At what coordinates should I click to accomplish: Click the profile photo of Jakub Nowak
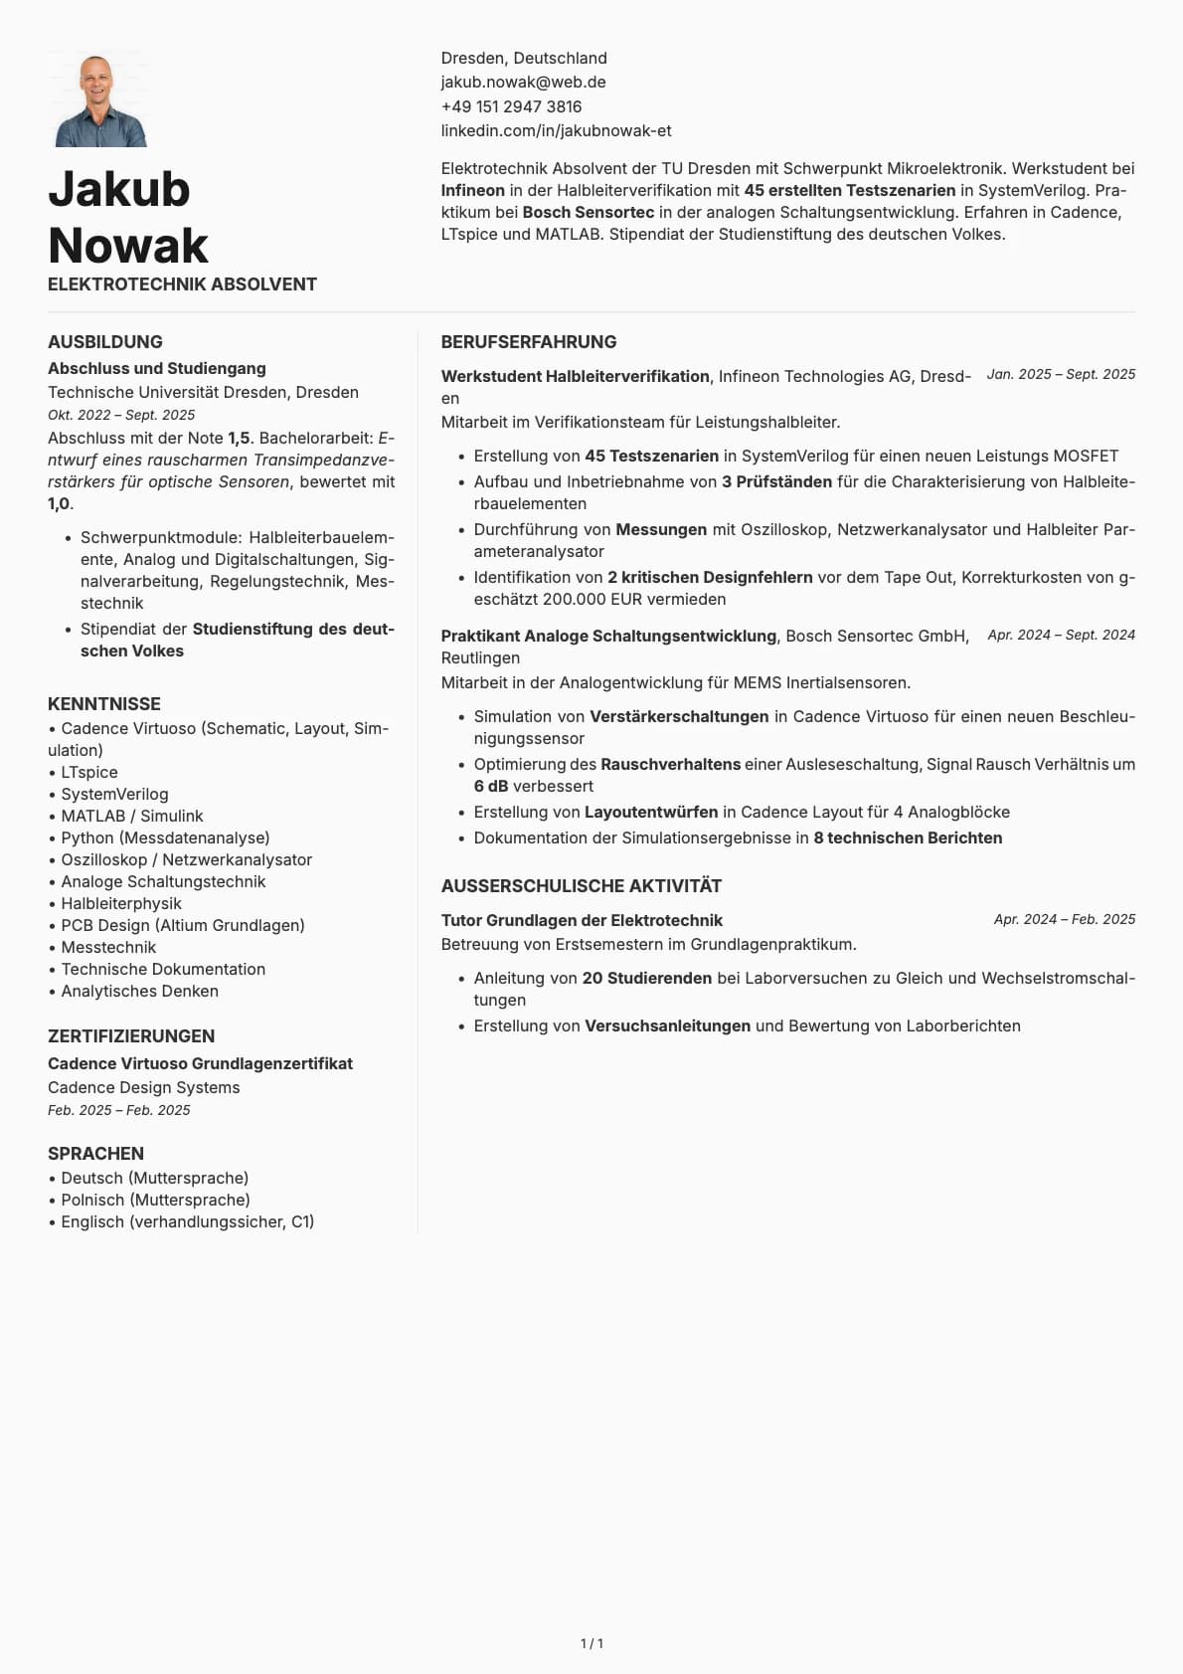[99, 100]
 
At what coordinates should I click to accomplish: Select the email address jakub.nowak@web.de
[523, 83]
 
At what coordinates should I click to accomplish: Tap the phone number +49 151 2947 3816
[511, 106]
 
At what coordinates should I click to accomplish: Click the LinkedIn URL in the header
[556, 130]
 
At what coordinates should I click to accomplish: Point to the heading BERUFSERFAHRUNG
[528, 342]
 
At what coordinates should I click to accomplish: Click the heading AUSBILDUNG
[105, 342]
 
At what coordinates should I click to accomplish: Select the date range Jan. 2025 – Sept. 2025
[1061, 374]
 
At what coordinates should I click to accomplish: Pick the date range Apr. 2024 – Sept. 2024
[1061, 635]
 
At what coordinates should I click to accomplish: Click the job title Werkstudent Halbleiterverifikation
[576, 376]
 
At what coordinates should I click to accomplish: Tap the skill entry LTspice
[89, 772]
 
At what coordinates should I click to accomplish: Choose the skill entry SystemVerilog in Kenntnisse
[114, 794]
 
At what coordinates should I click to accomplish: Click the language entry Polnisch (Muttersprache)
[155, 1200]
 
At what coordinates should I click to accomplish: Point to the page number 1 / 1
[591, 1643]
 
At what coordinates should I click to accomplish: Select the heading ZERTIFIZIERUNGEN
[131, 1036]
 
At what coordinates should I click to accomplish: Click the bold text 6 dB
[491, 786]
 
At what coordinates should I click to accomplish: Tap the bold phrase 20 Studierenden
[646, 978]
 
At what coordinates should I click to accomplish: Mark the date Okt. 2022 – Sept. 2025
[121, 415]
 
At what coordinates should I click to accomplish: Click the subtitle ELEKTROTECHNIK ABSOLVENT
[182, 284]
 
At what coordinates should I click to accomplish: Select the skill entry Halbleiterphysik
[121, 903]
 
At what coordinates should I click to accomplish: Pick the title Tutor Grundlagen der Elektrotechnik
[582, 920]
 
